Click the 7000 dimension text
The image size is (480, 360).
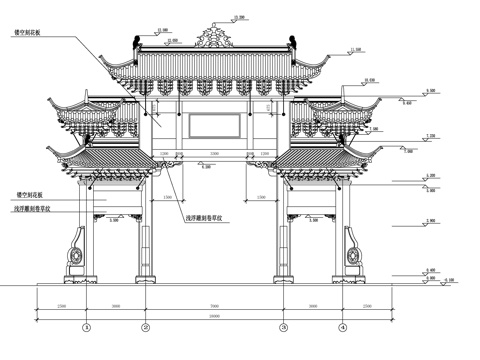pos(214,304)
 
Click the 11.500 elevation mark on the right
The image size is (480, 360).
pos(355,47)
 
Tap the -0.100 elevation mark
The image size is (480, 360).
pos(446,279)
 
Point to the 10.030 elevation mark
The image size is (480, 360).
pos(370,79)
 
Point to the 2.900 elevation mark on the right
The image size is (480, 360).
pos(430,219)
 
